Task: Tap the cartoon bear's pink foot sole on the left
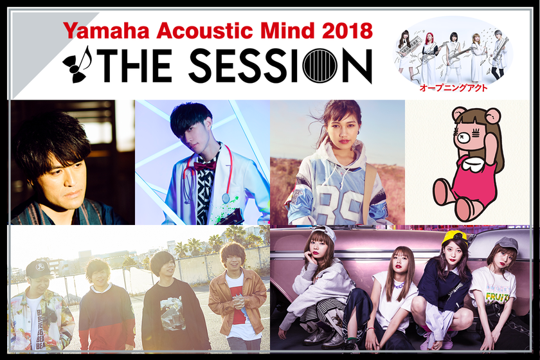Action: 443,192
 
